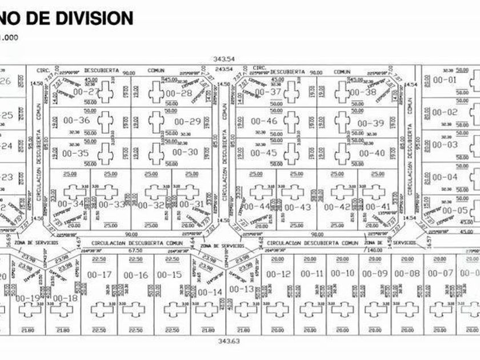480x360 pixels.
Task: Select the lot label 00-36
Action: [76, 121]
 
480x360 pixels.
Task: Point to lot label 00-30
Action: [185, 152]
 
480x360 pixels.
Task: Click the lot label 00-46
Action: [263, 121]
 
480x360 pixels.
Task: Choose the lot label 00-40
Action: [372, 153]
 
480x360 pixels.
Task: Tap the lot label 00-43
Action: [298, 207]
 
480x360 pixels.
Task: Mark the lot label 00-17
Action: [98, 275]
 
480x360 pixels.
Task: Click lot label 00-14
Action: [209, 293]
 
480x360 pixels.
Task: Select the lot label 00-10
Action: [342, 274]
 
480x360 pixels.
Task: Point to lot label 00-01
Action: [445, 80]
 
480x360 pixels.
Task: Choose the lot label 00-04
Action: [445, 177]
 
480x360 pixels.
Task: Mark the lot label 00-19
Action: [27, 298]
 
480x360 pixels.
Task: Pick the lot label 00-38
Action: [363, 92]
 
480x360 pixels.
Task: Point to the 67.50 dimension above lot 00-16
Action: [135, 250]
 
